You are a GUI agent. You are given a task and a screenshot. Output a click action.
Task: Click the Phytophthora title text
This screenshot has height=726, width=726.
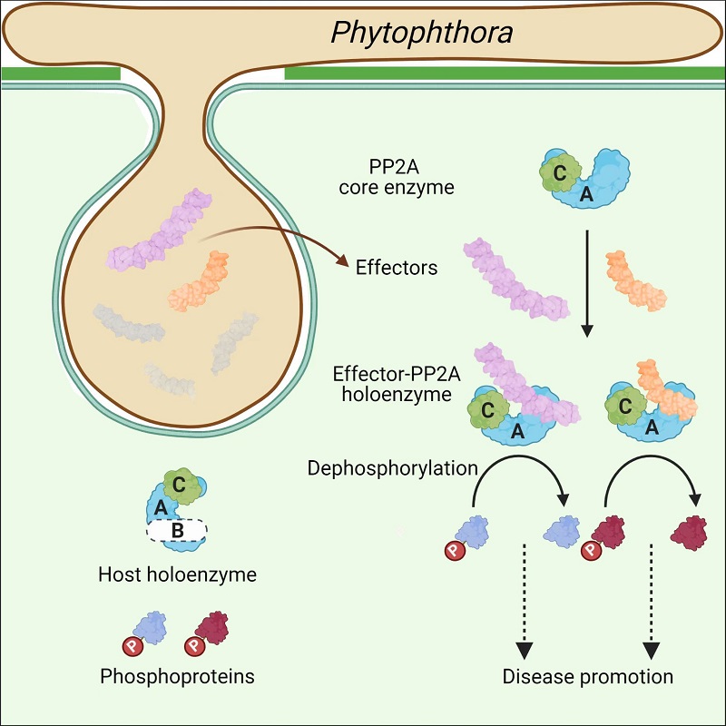[421, 34]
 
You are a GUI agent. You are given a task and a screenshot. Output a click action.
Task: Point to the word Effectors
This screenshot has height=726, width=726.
[397, 268]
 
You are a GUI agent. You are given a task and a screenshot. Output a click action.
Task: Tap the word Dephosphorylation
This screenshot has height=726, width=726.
[392, 468]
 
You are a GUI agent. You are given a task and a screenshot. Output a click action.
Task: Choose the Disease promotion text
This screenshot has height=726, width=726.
[588, 677]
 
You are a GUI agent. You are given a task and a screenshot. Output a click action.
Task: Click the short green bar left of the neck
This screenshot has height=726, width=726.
[60, 73]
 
